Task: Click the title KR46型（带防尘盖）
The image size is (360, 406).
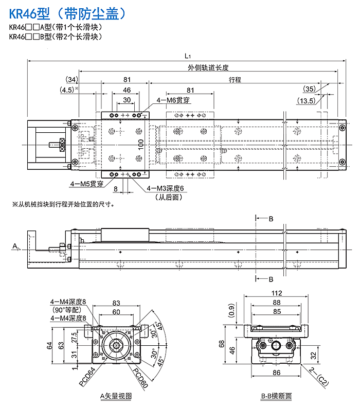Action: coord(67,12)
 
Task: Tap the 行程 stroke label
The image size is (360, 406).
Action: coord(235,80)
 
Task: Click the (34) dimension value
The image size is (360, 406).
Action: coord(72,80)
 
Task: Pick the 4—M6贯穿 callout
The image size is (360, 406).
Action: coord(173,100)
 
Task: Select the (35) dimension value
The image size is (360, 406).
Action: coord(310,89)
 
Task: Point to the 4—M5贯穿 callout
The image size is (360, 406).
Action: coord(87,183)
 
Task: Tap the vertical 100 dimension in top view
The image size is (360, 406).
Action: coord(140,146)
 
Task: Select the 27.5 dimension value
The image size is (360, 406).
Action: coord(74,339)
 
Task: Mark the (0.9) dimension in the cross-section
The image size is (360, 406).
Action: coord(231,310)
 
